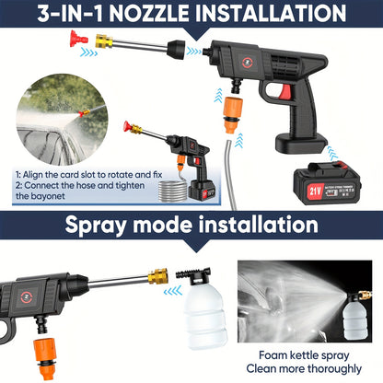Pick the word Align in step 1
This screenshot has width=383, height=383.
(41, 174)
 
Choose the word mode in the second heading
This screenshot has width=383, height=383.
(174, 226)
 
